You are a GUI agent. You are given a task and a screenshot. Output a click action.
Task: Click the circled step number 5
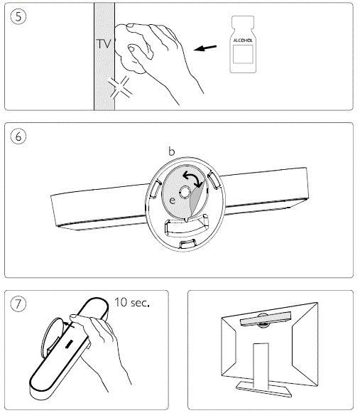pos(18,16)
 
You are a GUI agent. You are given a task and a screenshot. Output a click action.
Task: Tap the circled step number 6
pos(18,136)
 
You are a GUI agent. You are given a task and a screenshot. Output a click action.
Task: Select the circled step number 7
pos(18,304)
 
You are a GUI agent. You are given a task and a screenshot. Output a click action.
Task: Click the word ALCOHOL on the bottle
pos(243,41)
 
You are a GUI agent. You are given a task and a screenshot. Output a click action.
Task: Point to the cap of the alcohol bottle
pos(243,21)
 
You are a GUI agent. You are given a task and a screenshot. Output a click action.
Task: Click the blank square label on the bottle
pos(243,54)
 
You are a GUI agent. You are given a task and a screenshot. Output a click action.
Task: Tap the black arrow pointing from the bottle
pos(205,48)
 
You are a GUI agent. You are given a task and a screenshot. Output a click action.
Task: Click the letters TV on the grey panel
pos(104,44)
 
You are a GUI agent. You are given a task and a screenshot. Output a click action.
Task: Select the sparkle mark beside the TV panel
pos(120,88)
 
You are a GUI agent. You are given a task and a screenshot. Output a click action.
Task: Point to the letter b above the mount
pos(171,151)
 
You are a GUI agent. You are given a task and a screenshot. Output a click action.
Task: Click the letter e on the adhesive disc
pos(172,200)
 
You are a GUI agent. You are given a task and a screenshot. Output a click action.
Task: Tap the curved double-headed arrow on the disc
pos(192,178)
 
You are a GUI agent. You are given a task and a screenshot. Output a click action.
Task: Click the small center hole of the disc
pos(185,192)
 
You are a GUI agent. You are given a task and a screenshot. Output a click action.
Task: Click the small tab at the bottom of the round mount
pos(187,244)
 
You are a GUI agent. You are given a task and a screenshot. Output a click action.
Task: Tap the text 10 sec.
pos(132,302)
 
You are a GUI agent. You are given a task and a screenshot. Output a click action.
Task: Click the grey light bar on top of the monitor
pos(266,318)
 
